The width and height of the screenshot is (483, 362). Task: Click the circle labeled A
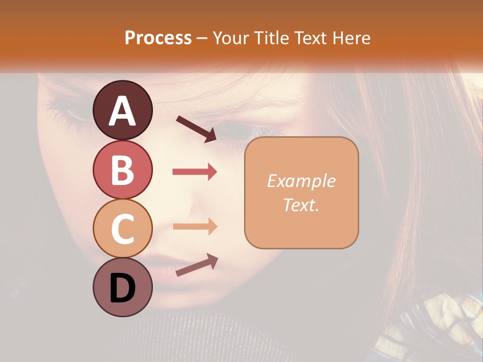(123, 110)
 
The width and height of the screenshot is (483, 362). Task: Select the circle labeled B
(123, 169)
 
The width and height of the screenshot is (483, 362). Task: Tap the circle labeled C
(123, 228)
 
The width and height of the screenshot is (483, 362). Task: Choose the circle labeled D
(123, 287)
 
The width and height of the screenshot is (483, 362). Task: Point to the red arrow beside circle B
(195, 172)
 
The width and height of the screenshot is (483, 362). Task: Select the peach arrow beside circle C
(195, 226)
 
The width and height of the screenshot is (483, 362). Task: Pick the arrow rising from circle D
(197, 265)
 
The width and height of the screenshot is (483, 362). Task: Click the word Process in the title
(158, 38)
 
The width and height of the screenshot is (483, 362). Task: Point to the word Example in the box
(301, 181)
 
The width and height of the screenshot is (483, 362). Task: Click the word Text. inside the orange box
(301, 205)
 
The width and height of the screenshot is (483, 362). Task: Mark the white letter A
(123, 111)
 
